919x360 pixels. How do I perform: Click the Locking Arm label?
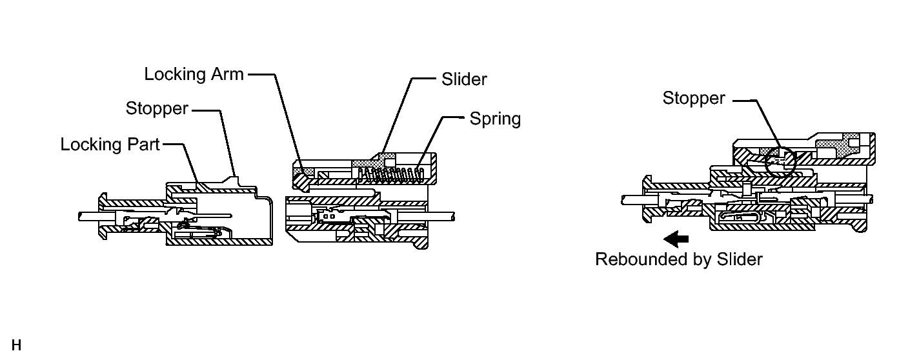(194, 74)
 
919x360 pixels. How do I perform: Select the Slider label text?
(464, 79)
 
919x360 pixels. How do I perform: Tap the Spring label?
(494, 119)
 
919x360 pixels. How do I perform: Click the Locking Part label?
(110, 145)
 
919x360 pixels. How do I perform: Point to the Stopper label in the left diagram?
(157, 108)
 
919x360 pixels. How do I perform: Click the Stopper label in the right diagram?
(694, 99)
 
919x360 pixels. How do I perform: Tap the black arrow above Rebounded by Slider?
(676, 239)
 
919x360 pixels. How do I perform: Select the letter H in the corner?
(16, 345)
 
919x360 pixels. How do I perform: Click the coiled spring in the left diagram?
(390, 174)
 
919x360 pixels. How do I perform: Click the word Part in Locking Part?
(144, 145)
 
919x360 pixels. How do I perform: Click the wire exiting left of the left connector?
(87, 215)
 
